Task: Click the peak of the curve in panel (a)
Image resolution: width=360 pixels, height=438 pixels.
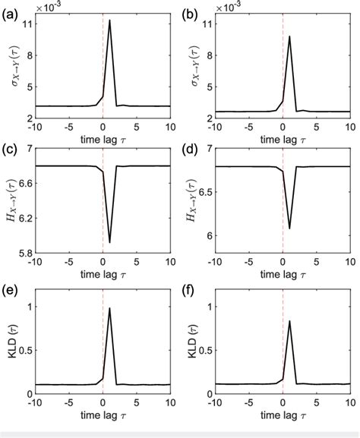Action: coord(109,20)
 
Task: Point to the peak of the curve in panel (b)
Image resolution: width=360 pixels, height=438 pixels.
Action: coord(289,36)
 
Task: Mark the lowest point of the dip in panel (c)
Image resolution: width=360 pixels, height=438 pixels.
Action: coord(109,243)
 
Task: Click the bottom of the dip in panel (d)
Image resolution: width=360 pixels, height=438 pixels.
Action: coord(289,228)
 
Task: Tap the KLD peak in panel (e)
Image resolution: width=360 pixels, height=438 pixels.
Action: coord(109,308)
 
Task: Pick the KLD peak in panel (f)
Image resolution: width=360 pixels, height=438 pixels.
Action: coord(289,321)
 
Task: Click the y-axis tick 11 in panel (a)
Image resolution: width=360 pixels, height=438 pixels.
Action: coord(29,24)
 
